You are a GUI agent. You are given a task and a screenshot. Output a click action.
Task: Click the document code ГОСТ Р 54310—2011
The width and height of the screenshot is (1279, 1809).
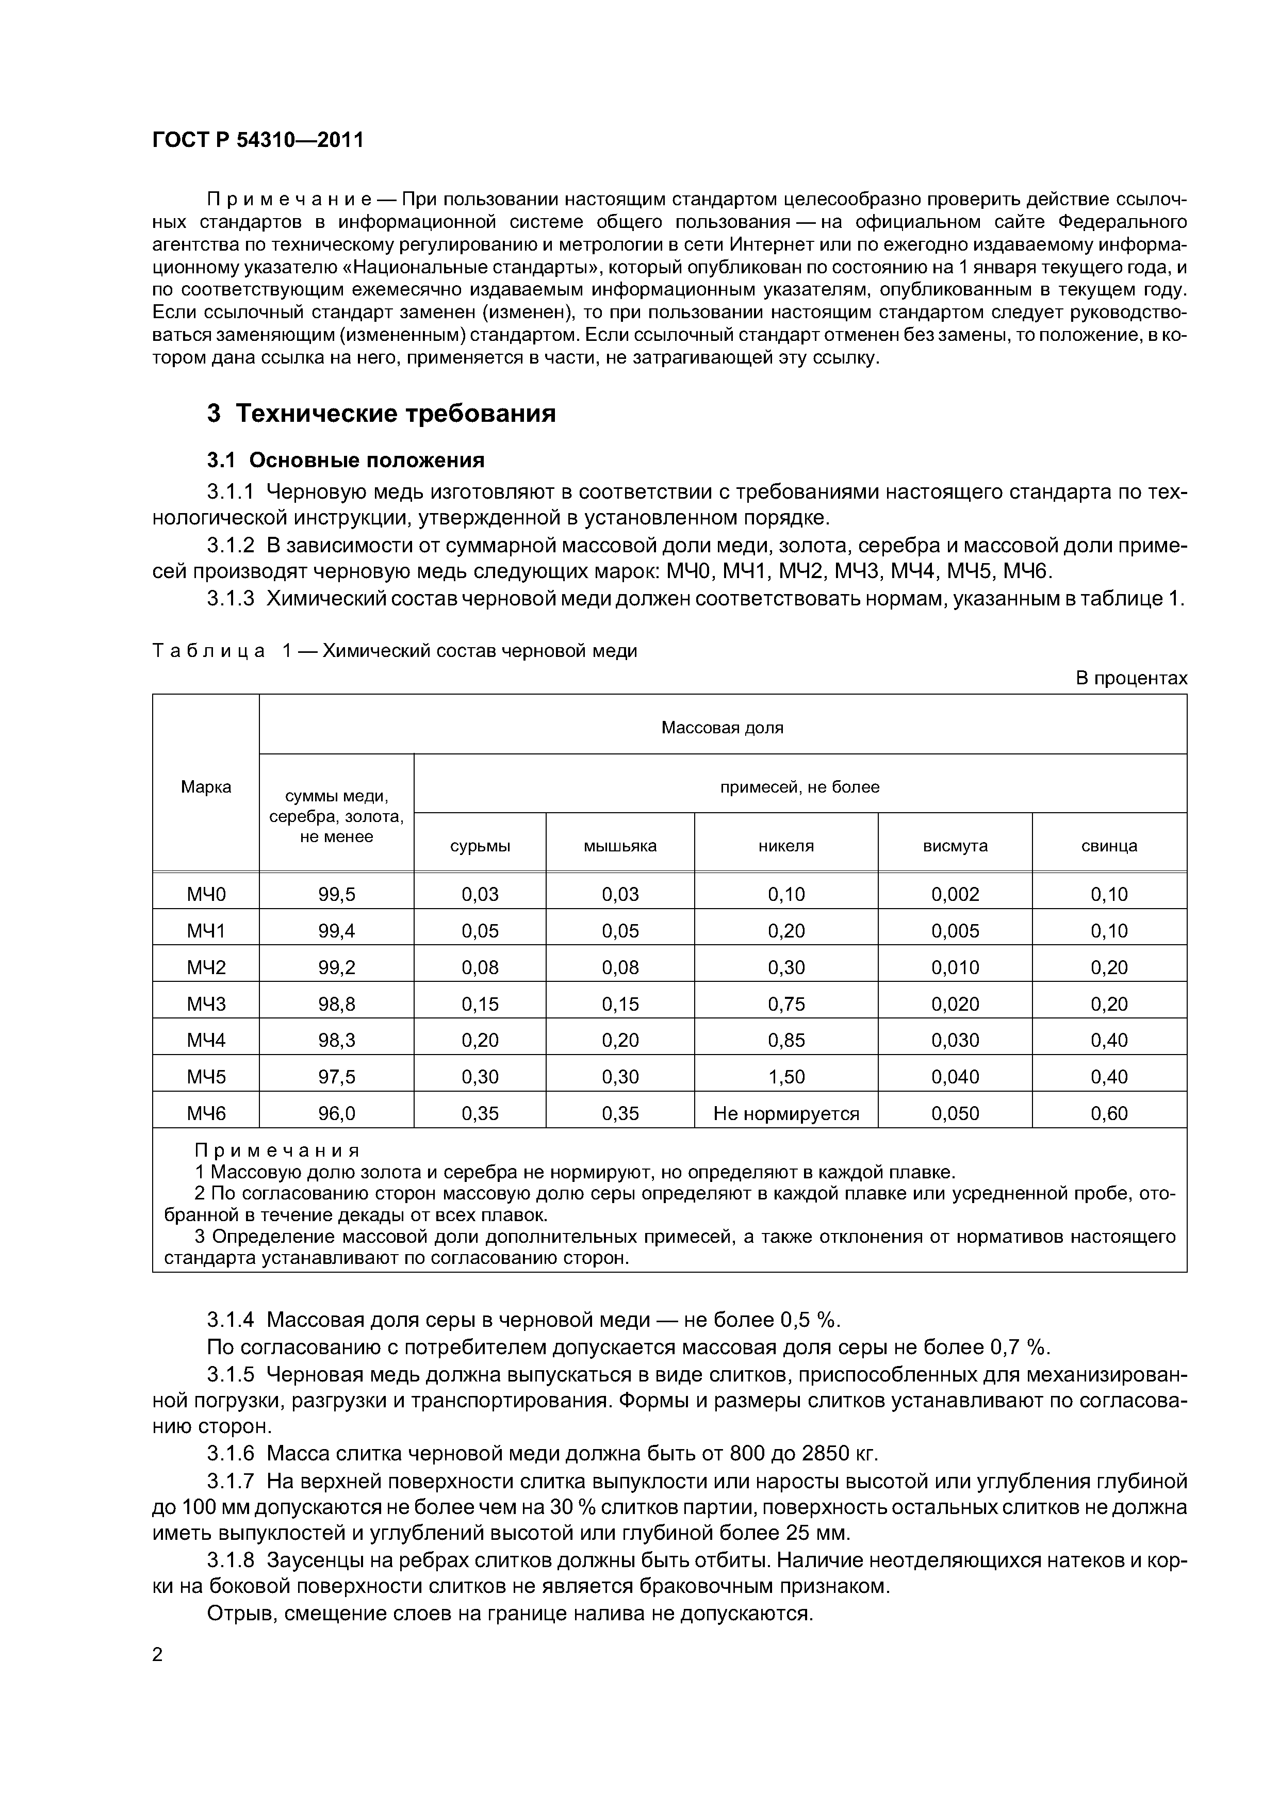point(258,140)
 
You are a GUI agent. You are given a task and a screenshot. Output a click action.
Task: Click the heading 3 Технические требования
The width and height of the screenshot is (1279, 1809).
point(382,414)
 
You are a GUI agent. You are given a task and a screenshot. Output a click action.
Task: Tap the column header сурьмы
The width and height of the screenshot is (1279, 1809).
point(480,846)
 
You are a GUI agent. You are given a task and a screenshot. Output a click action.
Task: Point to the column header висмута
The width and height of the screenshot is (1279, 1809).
point(955,846)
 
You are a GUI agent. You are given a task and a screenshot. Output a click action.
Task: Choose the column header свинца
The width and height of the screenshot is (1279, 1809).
point(1109,846)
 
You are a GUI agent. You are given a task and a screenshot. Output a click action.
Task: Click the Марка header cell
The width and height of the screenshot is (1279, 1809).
point(206,786)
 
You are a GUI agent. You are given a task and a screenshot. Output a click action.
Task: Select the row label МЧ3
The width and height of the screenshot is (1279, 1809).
point(206,1004)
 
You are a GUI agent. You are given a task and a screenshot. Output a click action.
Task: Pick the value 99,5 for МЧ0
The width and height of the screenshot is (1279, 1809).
point(336,894)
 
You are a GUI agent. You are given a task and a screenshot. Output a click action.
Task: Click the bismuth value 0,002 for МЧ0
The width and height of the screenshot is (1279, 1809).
point(955,894)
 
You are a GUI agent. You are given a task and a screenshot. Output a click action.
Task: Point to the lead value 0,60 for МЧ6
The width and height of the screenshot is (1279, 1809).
point(1109,1113)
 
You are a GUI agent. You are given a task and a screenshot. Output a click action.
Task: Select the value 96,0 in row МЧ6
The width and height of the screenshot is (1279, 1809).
point(336,1113)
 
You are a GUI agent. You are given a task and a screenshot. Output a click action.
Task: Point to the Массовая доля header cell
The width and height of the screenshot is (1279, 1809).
point(722,727)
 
